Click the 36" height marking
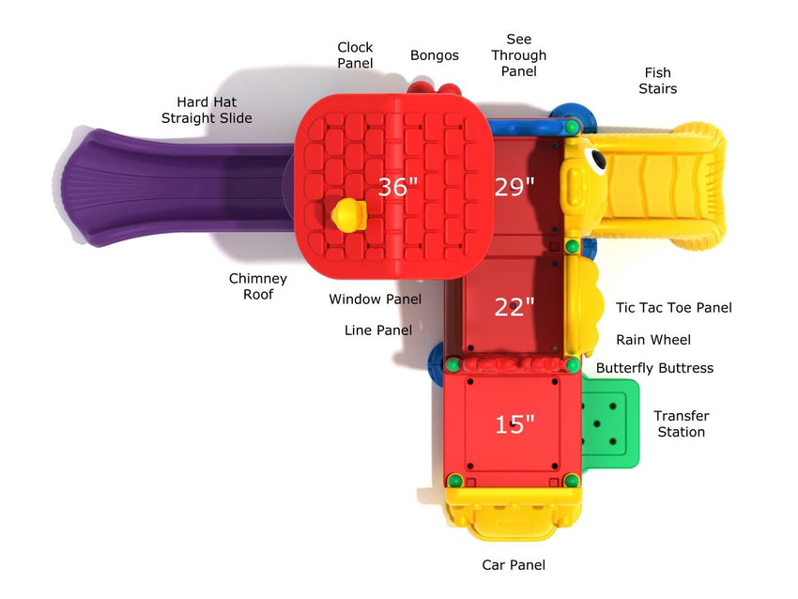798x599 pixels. [x=398, y=187]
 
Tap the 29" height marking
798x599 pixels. [x=514, y=187]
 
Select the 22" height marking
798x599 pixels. [x=514, y=306]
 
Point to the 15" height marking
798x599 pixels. [x=514, y=424]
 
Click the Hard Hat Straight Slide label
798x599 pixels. [x=207, y=110]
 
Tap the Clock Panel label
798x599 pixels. [x=355, y=54]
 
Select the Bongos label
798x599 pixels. [x=435, y=55]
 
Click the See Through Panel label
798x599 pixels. [x=518, y=55]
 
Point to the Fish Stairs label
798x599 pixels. [x=657, y=81]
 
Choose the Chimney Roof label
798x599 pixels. [x=258, y=286]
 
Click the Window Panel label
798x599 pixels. [x=375, y=299]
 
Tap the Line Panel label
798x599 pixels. [x=378, y=330]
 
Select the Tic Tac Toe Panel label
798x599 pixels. [x=673, y=308]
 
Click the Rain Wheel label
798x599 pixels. [x=653, y=340]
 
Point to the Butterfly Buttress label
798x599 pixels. [x=654, y=368]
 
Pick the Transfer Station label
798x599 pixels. [x=681, y=423]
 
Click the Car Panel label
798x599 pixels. [x=514, y=565]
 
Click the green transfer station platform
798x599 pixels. [x=608, y=422]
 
